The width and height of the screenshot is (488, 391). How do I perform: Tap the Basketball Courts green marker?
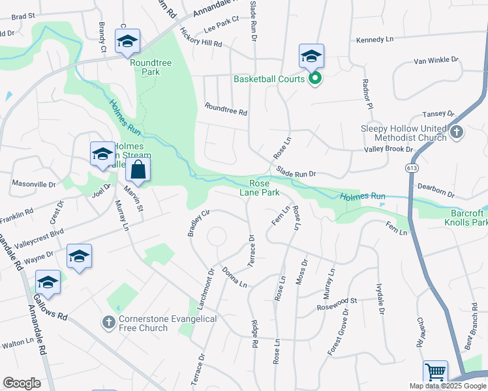(x=314, y=80)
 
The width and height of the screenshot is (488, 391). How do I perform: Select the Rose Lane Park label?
(x=264, y=188)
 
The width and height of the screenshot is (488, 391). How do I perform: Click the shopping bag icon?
(x=138, y=171)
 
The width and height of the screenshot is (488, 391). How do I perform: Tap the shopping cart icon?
(x=435, y=373)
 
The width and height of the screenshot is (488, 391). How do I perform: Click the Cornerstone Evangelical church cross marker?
(x=109, y=322)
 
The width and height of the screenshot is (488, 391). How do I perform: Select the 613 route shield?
(x=410, y=167)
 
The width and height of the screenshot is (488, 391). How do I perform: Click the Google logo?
(x=22, y=383)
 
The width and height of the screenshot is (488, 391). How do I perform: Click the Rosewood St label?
(x=337, y=301)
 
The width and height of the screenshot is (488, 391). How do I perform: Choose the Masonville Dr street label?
(x=34, y=184)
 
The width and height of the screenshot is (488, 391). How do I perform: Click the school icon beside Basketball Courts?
(x=312, y=57)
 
